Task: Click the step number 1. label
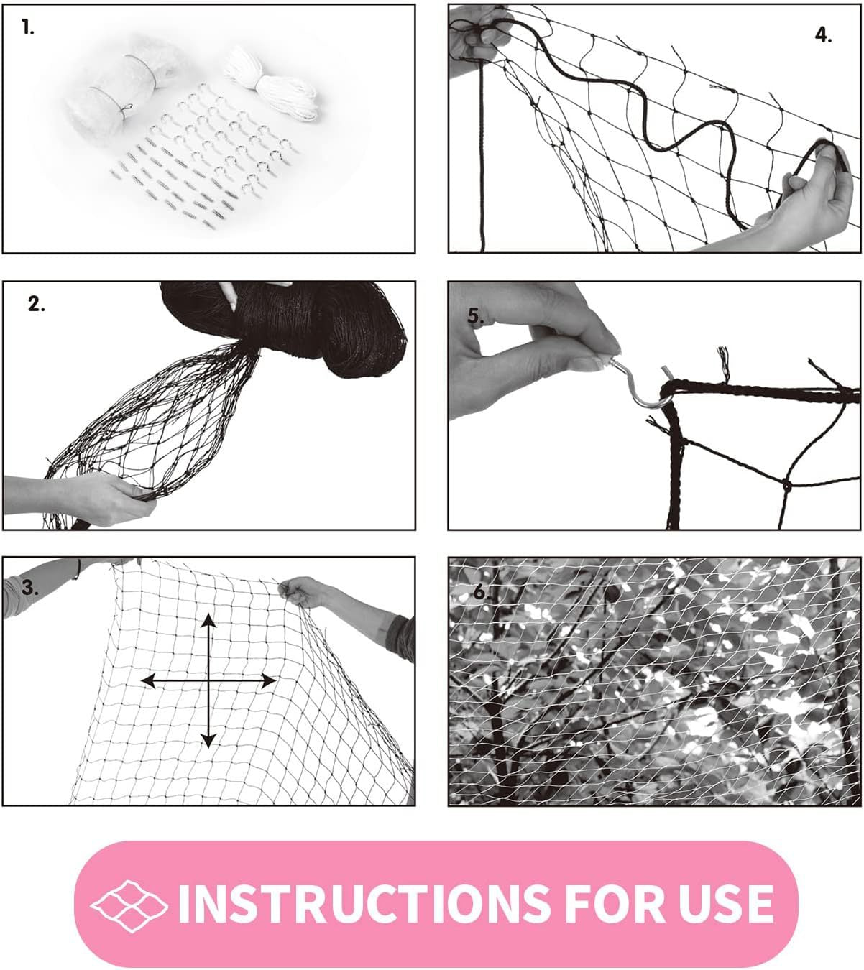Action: click(x=27, y=29)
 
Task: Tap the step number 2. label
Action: click(x=36, y=304)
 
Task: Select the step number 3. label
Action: click(x=30, y=587)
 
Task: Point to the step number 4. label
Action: click(x=823, y=35)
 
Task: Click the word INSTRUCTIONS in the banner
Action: click(x=364, y=903)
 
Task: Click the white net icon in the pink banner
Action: click(x=129, y=903)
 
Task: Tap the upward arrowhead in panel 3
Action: click(x=208, y=622)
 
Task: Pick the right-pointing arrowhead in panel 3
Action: click(x=267, y=680)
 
